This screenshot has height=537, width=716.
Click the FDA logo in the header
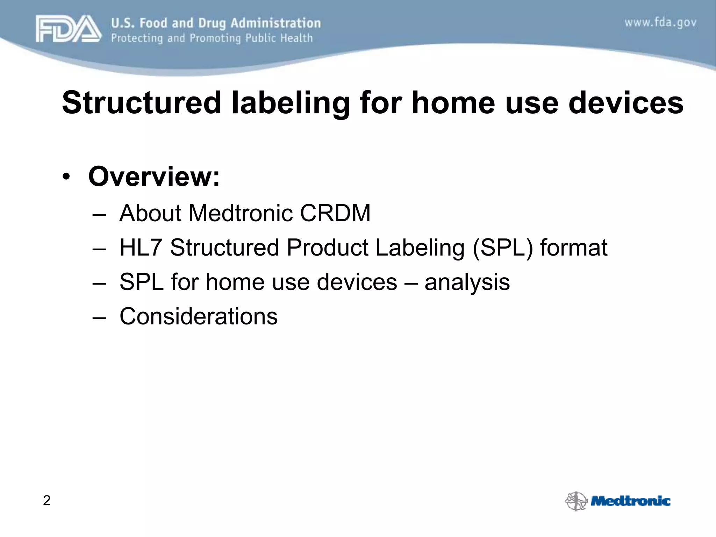(x=68, y=29)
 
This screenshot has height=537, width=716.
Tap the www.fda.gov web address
(x=660, y=23)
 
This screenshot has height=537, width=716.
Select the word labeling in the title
(x=291, y=103)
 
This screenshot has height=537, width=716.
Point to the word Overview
(x=154, y=176)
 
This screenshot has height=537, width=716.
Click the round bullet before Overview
(x=66, y=177)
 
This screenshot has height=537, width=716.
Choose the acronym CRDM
(x=335, y=213)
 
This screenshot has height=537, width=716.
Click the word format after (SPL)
(x=574, y=248)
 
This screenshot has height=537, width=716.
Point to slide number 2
(x=46, y=501)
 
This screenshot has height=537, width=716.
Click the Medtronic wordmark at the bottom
(x=630, y=501)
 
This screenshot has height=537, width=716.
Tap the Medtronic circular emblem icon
(x=576, y=501)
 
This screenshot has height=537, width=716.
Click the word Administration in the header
(x=275, y=23)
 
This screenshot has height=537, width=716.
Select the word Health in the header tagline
(x=294, y=38)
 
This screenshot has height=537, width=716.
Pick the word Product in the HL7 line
(x=327, y=248)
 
